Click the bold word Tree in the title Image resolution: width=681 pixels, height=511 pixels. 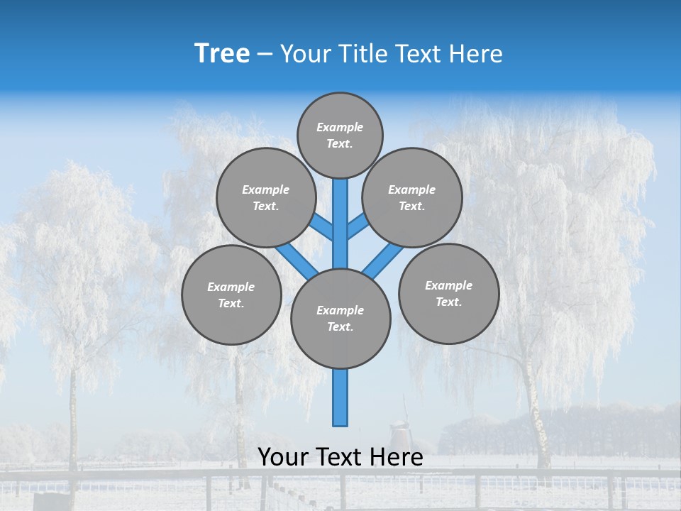[x=222, y=54]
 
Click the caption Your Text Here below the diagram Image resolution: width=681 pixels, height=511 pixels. [x=340, y=457]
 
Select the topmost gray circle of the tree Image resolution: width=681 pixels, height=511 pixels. [x=340, y=135]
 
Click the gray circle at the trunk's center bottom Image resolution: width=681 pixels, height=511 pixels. [x=340, y=319]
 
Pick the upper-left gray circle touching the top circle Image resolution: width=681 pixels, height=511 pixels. [x=266, y=197]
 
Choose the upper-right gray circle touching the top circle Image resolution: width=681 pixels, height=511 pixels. [x=412, y=197]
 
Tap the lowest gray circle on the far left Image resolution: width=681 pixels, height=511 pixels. [x=231, y=295]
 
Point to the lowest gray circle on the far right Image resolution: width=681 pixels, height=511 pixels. [x=448, y=293]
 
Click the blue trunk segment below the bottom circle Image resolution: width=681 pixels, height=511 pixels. [x=340, y=397]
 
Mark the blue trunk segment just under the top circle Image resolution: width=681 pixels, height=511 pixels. [x=340, y=213]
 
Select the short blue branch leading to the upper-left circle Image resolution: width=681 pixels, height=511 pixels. [x=322, y=228]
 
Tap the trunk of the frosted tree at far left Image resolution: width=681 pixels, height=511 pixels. [x=72, y=426]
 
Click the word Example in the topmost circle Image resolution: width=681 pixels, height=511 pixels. [x=340, y=127]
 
